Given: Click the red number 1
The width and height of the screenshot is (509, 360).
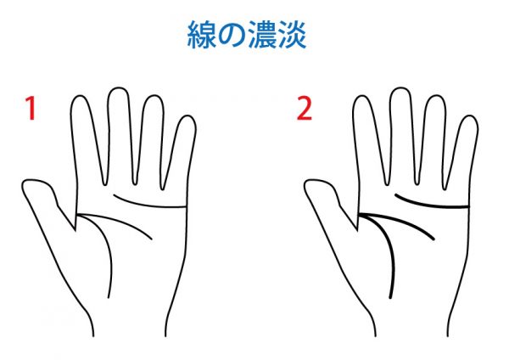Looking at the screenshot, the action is pyautogui.click(x=31, y=109).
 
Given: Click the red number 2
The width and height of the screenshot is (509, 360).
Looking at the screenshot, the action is pyautogui.click(x=305, y=109).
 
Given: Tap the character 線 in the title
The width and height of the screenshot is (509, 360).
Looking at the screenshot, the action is pyautogui.click(x=202, y=35).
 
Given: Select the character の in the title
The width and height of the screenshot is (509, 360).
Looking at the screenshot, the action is pyautogui.click(x=231, y=36).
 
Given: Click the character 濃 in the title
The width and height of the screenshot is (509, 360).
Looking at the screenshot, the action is pyautogui.click(x=261, y=35).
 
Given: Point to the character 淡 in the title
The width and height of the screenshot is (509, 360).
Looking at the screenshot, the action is pyautogui.click(x=292, y=35).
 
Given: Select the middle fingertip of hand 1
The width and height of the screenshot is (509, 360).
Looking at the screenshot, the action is pyautogui.click(x=118, y=88).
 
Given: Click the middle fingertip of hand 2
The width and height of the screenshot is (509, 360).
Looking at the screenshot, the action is pyautogui.click(x=400, y=88).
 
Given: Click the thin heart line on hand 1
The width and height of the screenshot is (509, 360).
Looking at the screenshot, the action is pyautogui.click(x=148, y=205).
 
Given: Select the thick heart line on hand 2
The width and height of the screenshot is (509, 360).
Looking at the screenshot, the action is pyautogui.click(x=430, y=205).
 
